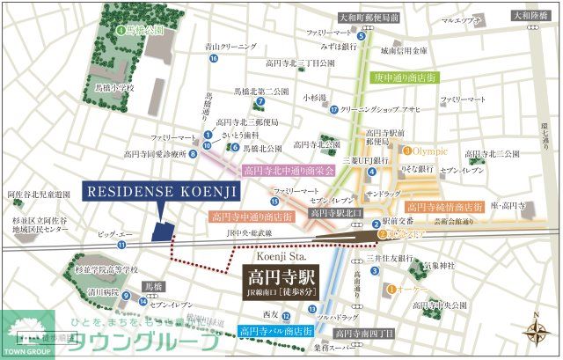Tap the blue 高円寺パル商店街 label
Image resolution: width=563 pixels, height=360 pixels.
click(x=275, y=331)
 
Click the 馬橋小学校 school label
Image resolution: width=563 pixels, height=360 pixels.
click(x=115, y=89)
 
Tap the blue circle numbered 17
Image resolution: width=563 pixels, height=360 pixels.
click(x=334, y=110)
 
